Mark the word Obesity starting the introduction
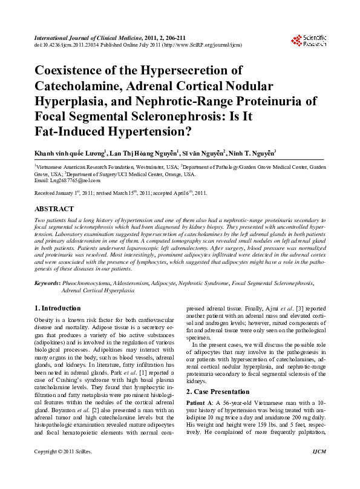(x=45, y=319)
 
